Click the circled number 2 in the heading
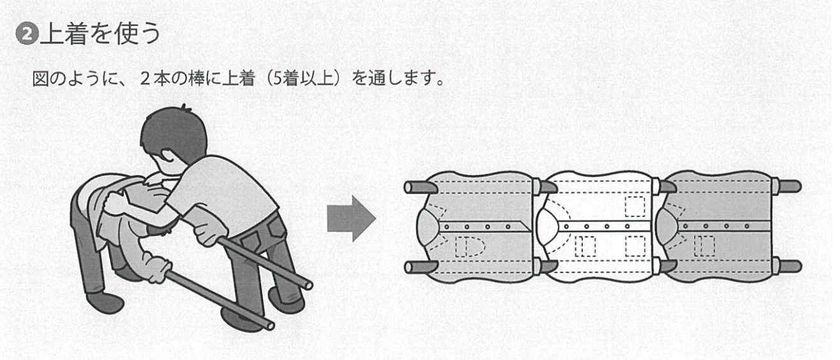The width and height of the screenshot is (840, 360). (x=27, y=34)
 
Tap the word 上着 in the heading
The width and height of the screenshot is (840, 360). (x=63, y=34)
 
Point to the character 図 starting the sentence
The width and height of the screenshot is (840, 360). (x=40, y=79)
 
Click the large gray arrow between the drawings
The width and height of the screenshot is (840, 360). (x=351, y=219)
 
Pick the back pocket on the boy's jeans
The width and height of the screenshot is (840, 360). (x=275, y=227)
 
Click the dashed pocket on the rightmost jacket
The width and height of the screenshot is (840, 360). (x=704, y=246)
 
